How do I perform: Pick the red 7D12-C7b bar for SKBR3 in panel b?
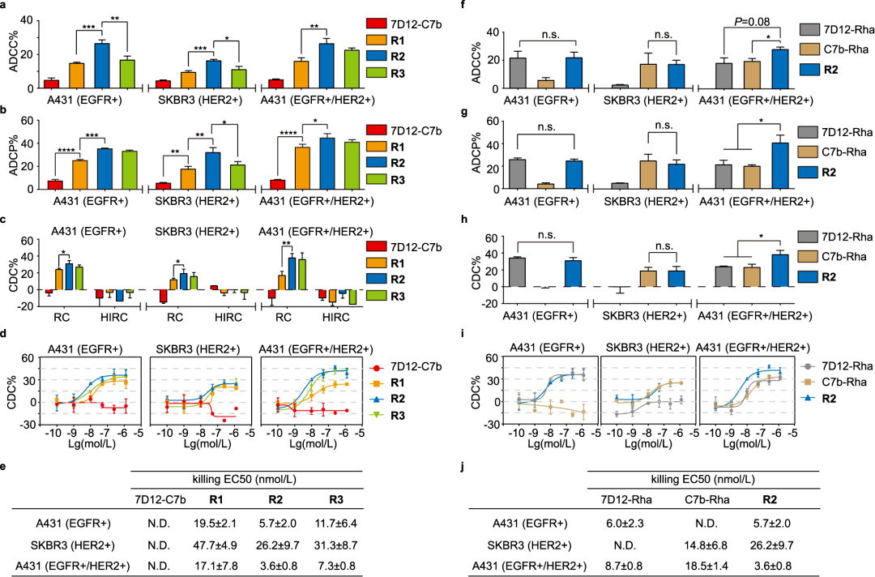[x=162, y=186]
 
